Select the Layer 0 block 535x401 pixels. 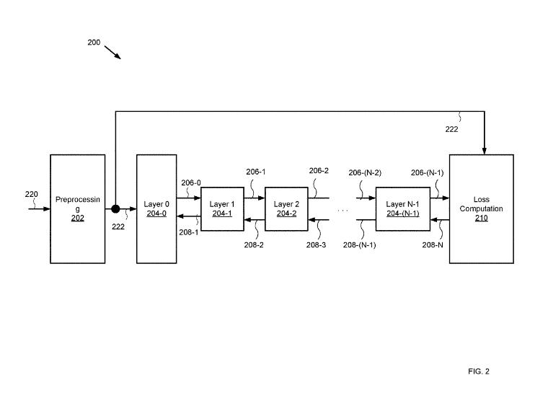(x=156, y=208)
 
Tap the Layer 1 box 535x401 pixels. (x=222, y=208)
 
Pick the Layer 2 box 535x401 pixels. (x=286, y=208)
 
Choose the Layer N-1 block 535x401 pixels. (x=403, y=208)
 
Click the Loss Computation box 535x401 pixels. (x=481, y=208)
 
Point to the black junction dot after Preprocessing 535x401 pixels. (x=115, y=209)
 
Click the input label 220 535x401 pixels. (x=31, y=195)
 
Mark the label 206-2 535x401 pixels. (x=319, y=171)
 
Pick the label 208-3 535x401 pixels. (x=317, y=245)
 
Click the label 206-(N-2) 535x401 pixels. (x=365, y=173)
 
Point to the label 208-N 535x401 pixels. (x=432, y=245)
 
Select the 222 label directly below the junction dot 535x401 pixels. (x=119, y=226)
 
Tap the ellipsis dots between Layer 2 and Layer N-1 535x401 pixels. (x=342, y=211)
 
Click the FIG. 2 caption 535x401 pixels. (x=478, y=371)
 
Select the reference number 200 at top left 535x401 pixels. (x=94, y=43)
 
